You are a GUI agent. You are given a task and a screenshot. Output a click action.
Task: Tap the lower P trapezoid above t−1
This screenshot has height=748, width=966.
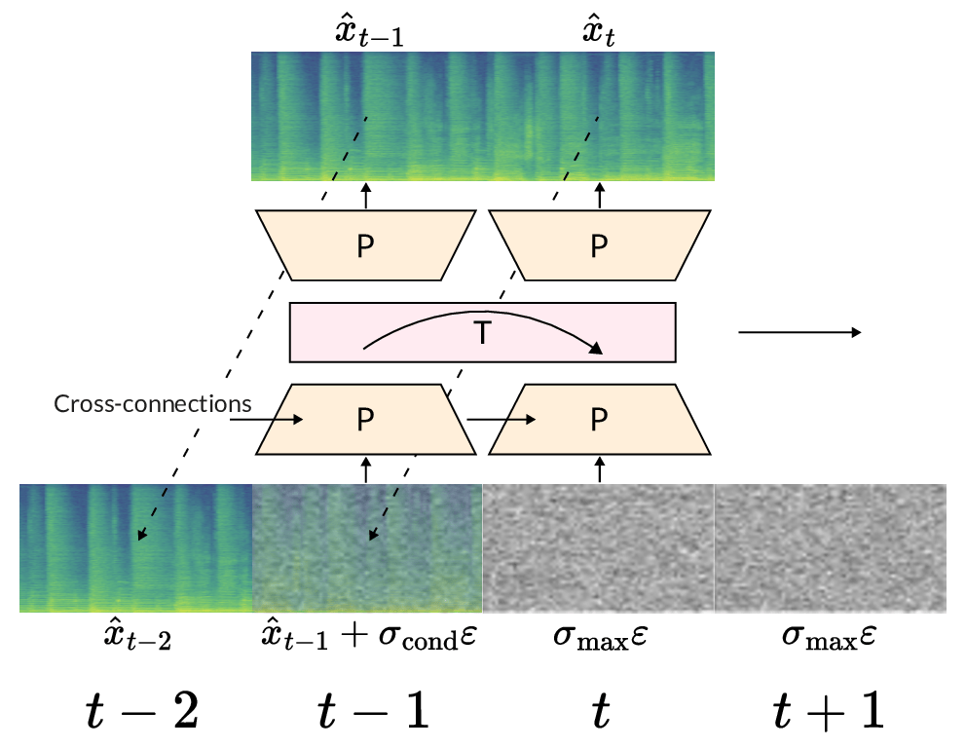(365, 420)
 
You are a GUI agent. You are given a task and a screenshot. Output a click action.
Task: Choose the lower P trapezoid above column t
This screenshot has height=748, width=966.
(599, 420)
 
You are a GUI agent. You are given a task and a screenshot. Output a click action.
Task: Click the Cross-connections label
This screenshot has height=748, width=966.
(153, 403)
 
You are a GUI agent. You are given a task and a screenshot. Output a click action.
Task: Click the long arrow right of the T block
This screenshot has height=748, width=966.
(799, 333)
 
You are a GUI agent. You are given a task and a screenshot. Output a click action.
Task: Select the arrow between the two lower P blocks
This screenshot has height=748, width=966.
(502, 420)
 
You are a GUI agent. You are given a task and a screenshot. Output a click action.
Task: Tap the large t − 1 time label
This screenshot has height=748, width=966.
(374, 712)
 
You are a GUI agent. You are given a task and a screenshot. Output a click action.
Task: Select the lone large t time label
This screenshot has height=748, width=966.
(601, 712)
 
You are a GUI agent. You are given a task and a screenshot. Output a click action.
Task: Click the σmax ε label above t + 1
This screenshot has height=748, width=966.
(831, 641)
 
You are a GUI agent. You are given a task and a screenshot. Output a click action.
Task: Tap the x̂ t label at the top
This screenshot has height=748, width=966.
(599, 31)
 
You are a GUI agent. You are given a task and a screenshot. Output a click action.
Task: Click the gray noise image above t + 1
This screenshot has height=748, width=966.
(831, 547)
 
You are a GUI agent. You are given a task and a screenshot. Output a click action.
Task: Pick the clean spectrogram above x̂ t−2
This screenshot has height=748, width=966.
(135, 547)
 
